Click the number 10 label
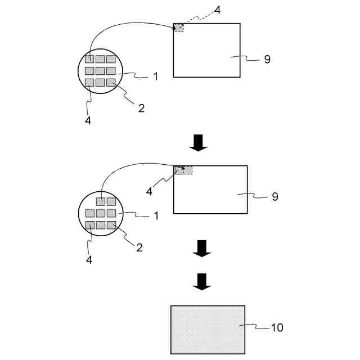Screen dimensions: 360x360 277,327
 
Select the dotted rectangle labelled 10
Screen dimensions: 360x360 208,330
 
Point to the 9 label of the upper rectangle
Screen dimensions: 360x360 267,58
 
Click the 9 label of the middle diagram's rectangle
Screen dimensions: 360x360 274,196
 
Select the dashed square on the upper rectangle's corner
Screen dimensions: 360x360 179,28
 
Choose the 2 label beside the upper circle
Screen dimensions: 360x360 141,107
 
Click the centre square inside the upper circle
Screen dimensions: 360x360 100,71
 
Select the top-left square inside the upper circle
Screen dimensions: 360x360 89,60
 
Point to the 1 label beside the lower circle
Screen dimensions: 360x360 155,215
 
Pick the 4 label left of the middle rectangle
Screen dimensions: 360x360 149,192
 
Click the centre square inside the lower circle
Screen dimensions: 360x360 100,213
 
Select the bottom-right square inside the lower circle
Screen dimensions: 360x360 111,225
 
